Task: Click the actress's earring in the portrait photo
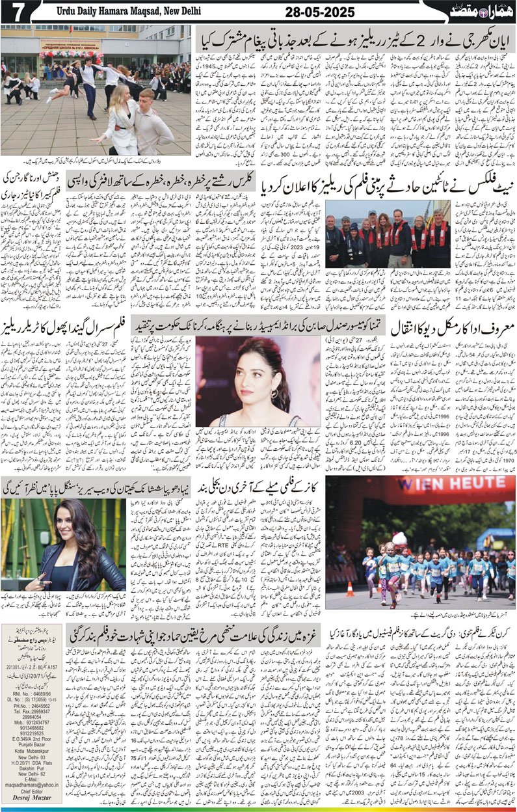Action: click(274, 394)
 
